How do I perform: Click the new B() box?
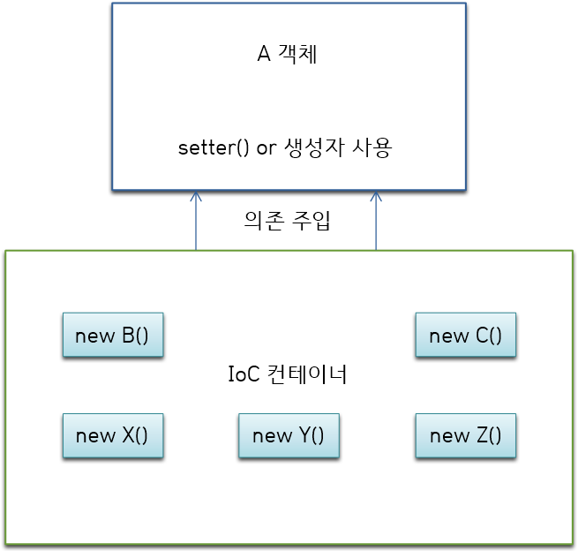pos(112,336)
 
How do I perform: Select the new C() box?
pos(465,336)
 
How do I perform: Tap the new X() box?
pos(112,435)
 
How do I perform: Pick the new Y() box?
pos(289,435)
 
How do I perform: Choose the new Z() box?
pos(465,435)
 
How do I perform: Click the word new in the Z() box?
pos(447,435)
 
